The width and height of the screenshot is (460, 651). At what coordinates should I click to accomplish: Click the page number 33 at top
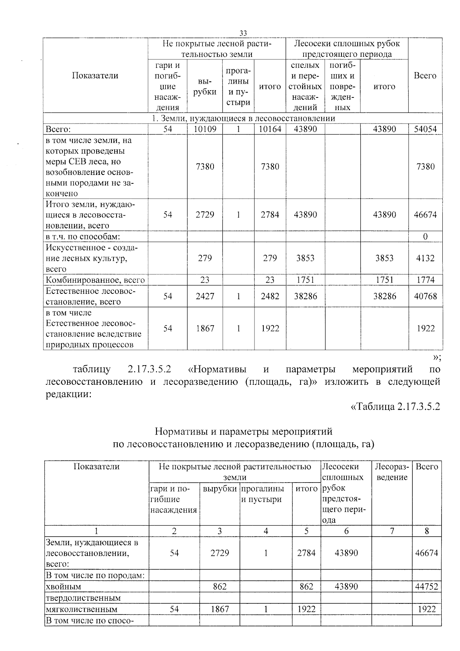[243, 33]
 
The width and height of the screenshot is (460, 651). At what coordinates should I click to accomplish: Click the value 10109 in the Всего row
[205, 129]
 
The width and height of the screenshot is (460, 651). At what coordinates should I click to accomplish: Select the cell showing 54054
[425, 129]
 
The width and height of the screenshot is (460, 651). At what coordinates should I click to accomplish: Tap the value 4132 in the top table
[425, 258]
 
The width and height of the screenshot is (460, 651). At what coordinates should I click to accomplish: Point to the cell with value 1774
[425, 280]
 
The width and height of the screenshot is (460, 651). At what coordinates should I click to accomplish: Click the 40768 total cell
[425, 296]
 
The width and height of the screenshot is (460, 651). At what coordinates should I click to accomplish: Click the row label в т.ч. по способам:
[83, 237]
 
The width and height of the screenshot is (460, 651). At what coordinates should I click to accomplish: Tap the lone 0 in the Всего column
[425, 237]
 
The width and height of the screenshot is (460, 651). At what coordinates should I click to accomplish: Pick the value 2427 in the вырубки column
[205, 296]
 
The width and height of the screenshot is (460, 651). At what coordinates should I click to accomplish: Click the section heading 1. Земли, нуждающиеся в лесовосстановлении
[243, 119]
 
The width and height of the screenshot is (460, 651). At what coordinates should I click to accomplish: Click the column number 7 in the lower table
[391, 531]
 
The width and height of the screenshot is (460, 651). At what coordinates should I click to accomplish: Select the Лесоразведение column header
[391, 472]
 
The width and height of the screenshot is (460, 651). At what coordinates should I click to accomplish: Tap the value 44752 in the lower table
[426, 587]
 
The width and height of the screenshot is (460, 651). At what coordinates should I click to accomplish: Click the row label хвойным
[64, 587]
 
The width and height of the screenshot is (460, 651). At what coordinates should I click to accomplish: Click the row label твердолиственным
[83, 598]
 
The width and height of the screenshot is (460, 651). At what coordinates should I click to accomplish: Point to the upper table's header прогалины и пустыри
[238, 87]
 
